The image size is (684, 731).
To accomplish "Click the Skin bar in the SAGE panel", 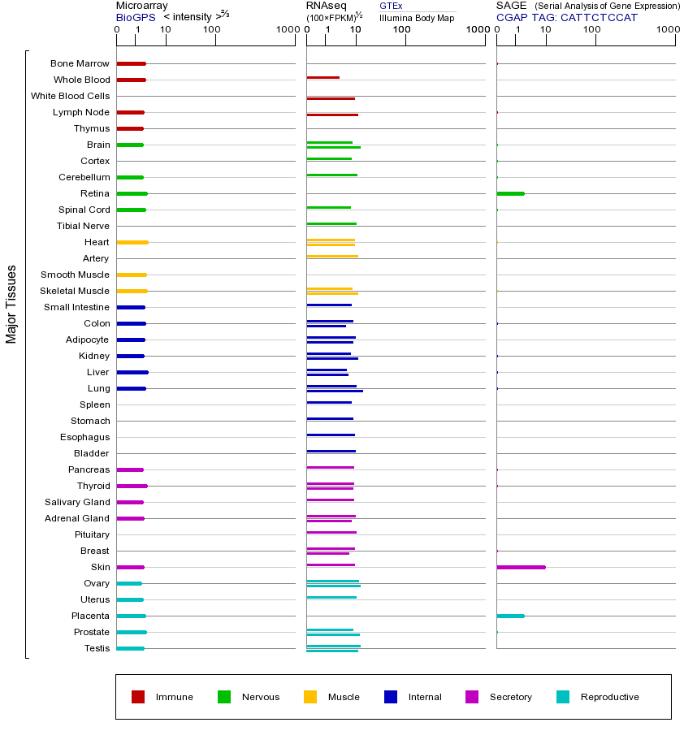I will (521, 567).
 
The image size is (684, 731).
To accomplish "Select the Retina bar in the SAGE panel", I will (510, 193).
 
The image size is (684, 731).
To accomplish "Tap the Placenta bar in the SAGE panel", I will (510, 616).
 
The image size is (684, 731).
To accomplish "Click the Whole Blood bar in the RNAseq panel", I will (323, 77).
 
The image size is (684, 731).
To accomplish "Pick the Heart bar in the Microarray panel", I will (132, 242).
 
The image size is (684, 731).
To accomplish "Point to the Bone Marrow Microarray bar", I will (131, 63).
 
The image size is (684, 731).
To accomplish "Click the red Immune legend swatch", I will (138, 697).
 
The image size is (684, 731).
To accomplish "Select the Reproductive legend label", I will (609, 697).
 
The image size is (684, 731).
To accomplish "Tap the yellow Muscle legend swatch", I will (310, 697).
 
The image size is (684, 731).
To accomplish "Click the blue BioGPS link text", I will (134, 16).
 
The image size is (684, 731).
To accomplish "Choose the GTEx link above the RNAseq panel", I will (391, 6).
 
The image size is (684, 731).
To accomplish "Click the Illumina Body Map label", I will (417, 17).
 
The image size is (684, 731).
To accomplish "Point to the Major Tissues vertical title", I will (11, 304).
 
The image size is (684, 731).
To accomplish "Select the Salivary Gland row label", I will (77, 502).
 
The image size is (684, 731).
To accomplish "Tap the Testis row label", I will (97, 648).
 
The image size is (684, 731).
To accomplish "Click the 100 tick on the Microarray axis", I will (212, 31).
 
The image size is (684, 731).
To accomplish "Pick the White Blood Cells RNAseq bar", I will (331, 98).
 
